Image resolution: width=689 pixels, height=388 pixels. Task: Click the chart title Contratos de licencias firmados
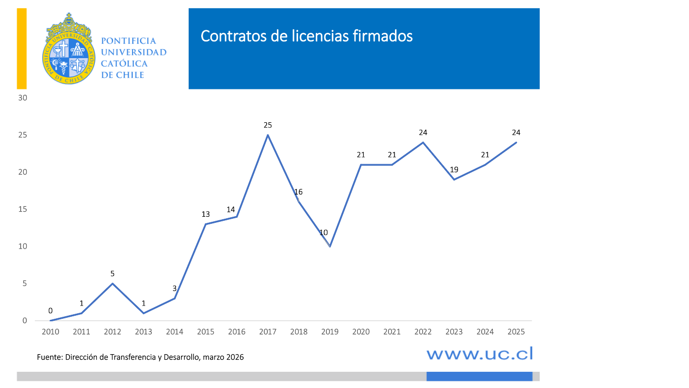tap(306, 36)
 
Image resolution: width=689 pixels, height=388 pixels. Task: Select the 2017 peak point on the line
tap(268, 135)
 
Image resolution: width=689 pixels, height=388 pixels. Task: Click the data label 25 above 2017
tap(268, 125)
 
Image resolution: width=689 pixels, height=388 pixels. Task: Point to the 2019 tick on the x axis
tap(330, 332)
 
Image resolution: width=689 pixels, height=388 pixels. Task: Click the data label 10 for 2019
tap(324, 233)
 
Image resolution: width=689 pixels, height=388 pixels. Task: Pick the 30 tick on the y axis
tap(22, 98)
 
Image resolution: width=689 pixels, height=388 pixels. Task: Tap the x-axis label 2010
tap(50, 332)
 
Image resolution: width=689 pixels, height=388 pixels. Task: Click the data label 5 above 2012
tap(112, 274)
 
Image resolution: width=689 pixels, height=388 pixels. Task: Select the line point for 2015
tap(206, 224)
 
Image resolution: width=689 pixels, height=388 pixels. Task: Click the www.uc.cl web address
tap(480, 354)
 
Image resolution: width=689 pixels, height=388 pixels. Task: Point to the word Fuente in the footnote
tap(49, 357)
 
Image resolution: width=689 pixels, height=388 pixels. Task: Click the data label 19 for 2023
tap(454, 170)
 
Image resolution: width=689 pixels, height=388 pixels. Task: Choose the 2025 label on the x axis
tap(516, 332)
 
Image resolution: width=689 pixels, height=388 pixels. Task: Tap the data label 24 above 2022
tap(423, 133)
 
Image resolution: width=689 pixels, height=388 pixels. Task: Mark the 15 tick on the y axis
tap(22, 209)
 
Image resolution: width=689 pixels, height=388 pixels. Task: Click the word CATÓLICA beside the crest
tap(124, 64)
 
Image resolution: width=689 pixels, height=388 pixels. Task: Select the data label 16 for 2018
tap(298, 192)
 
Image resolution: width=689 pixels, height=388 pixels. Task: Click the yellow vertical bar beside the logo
tap(22, 49)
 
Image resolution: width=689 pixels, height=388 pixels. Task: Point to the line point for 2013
tap(144, 313)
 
